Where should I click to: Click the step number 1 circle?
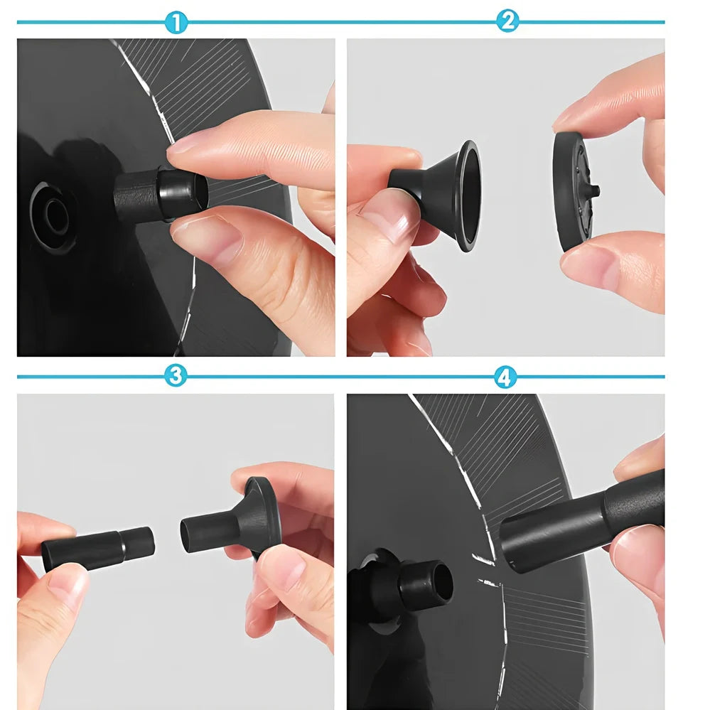tap(176, 22)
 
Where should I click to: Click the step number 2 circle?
tap(507, 21)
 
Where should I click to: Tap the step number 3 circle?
tap(176, 376)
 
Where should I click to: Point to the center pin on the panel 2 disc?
tap(595, 190)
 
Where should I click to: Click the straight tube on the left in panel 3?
tap(98, 549)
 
